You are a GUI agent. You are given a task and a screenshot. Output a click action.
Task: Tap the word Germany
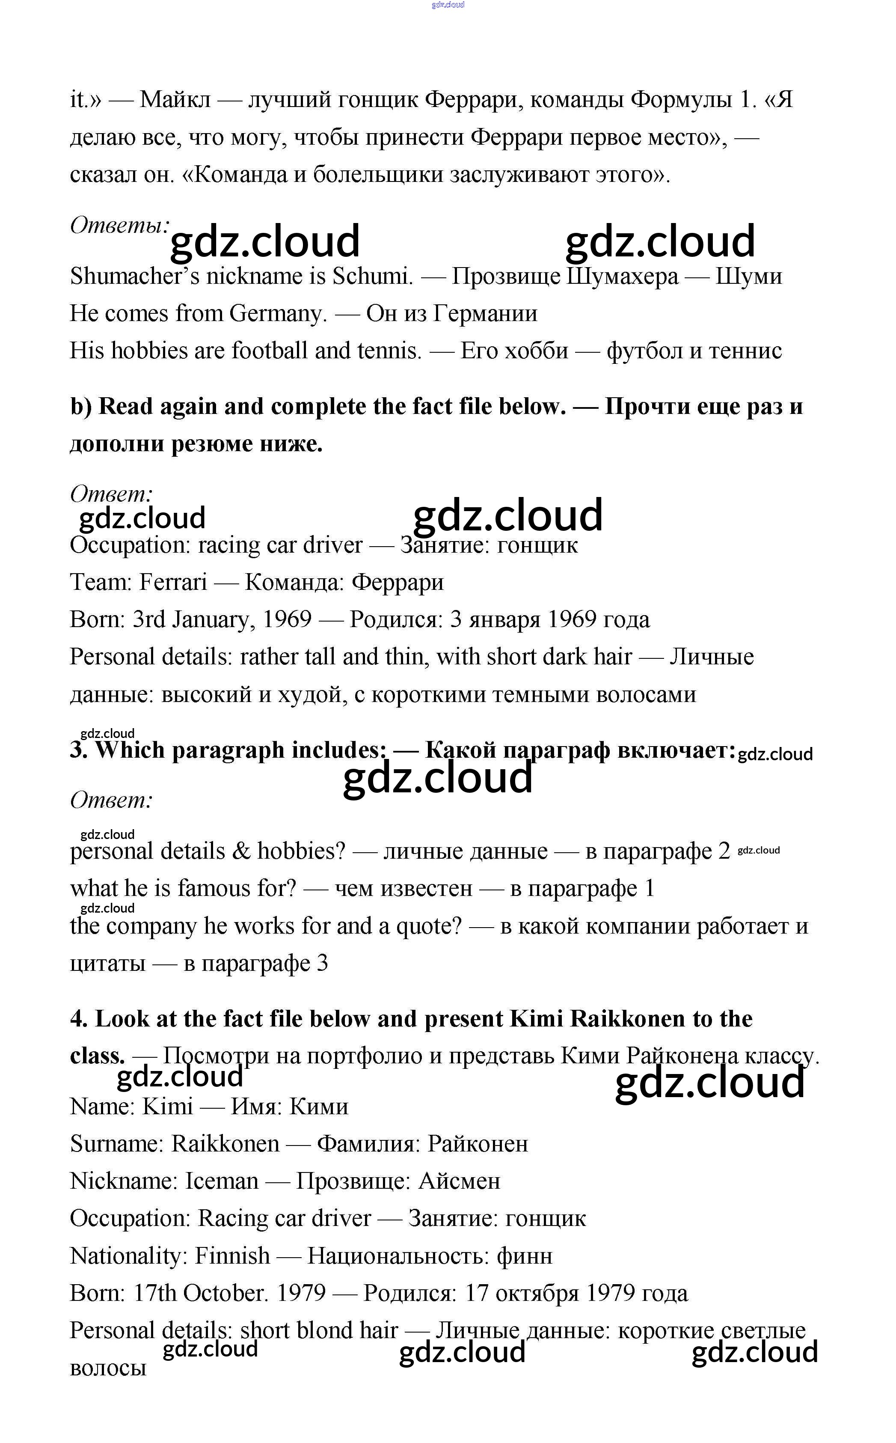tap(278, 314)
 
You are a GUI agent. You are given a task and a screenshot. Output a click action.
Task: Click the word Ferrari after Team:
tap(173, 582)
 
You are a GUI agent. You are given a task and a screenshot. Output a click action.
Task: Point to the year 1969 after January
tap(287, 619)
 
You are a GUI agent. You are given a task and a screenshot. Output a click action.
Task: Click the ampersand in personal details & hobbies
tap(241, 851)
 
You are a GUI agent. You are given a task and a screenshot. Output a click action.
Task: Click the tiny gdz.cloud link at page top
tap(448, 5)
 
